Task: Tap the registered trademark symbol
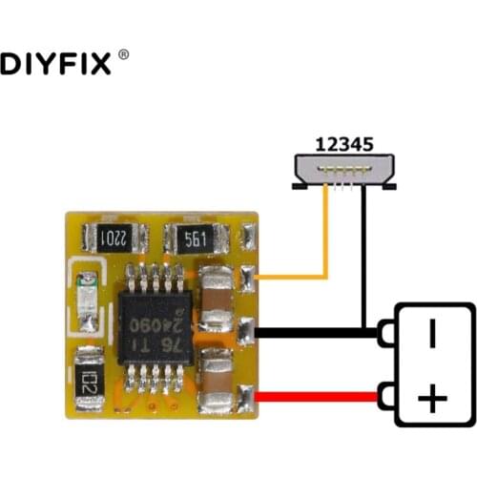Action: point(124,58)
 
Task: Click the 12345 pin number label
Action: point(343,145)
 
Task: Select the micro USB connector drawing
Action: point(344,172)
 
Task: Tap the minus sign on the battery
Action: point(432,333)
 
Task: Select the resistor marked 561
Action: point(195,238)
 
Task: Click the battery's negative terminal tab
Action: point(387,333)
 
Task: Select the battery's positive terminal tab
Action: point(387,394)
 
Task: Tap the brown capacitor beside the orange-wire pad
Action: point(218,284)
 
